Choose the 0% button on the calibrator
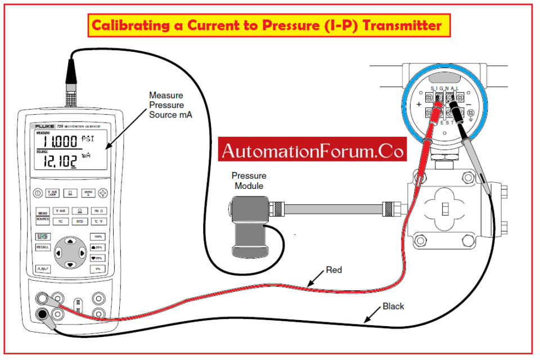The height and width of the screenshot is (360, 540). (97, 269)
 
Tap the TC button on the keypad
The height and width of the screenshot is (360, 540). (60, 221)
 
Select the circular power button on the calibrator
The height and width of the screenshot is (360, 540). (37, 192)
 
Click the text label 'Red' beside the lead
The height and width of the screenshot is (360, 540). (334, 271)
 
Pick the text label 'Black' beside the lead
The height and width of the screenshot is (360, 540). (393, 307)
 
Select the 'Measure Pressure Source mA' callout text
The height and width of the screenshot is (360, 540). (170, 105)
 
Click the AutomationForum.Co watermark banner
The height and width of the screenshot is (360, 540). (312, 151)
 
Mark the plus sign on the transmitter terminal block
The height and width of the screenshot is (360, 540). (418, 105)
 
